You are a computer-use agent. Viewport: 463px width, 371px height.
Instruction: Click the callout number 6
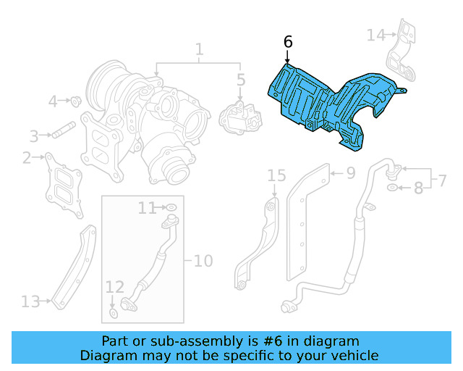click(x=288, y=42)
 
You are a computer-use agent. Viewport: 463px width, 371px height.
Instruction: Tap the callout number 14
click(x=376, y=35)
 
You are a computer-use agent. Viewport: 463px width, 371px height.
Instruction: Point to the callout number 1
click(x=199, y=49)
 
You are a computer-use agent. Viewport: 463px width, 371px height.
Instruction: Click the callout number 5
click(x=241, y=80)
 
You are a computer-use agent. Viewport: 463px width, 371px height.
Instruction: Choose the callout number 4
click(x=53, y=101)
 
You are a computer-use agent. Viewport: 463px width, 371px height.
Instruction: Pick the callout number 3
click(x=34, y=136)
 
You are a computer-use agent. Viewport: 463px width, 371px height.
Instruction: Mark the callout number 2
click(x=27, y=157)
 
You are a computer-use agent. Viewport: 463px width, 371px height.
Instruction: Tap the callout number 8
click(x=418, y=189)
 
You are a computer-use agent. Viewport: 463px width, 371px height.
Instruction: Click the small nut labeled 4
click(x=75, y=101)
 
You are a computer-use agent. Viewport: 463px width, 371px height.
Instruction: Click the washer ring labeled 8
click(x=392, y=188)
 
